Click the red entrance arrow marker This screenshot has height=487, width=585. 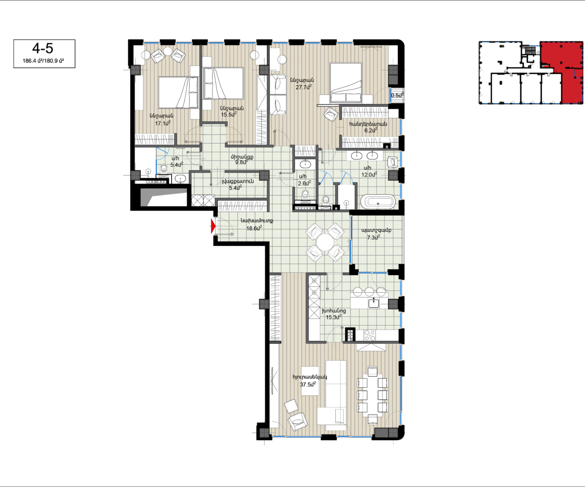point(213,226)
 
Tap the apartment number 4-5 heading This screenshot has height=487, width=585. point(42,48)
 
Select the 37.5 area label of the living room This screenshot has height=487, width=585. point(308,384)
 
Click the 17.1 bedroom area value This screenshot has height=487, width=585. point(163,123)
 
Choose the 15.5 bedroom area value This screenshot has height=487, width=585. point(229,114)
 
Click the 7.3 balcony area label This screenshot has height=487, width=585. point(373,238)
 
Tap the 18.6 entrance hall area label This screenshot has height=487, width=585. point(254,228)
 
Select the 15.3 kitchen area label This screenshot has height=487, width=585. point(333,317)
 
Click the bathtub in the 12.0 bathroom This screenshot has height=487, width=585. point(378,202)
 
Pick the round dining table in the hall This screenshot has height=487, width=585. point(325,242)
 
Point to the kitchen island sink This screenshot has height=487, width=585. point(374,303)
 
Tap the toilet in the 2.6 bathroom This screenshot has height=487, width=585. point(305,194)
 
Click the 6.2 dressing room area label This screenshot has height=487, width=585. point(370,130)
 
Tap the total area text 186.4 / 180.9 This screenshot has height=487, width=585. point(43,61)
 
